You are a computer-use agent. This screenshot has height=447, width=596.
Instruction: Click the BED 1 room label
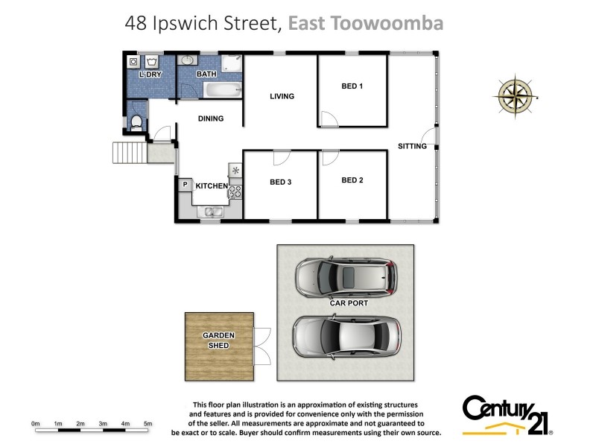[352, 86]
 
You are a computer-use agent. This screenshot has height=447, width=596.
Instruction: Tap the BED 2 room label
[352, 180]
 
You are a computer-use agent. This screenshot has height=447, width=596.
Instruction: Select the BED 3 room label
[280, 181]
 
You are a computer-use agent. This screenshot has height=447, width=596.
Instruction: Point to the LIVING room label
[282, 96]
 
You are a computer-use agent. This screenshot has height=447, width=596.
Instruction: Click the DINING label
[211, 118]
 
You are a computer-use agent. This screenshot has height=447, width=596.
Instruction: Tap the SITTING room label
[412, 146]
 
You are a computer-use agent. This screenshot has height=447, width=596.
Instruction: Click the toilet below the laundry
[136, 122]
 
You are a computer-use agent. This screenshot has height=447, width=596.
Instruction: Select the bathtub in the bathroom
[223, 91]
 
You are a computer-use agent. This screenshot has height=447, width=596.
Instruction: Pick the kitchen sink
[211, 213]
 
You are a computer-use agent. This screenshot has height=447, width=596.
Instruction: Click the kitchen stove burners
[235, 191]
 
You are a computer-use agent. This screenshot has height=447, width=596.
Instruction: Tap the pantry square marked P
[185, 184]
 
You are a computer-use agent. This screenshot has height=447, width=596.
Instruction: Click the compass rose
[516, 97]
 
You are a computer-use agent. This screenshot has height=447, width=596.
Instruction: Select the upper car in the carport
[344, 278]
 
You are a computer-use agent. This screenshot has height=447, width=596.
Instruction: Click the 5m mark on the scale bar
[148, 424]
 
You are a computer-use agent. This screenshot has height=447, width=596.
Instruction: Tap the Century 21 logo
[507, 413]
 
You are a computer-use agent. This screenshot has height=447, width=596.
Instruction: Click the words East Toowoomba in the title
[366, 23]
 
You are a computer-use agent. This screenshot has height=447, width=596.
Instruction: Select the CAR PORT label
[349, 303]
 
